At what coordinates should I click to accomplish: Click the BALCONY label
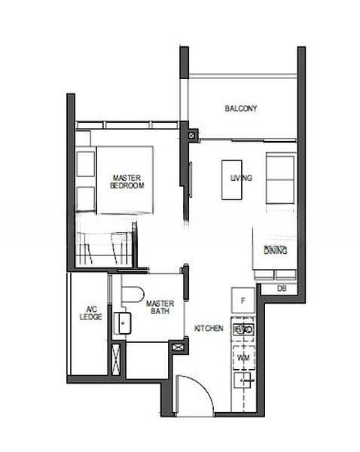(x=241, y=108)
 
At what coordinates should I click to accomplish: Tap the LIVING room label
(x=241, y=179)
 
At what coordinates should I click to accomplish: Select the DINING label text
(x=276, y=249)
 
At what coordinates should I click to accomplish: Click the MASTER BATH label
(x=160, y=307)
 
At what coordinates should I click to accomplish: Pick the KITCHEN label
(x=208, y=328)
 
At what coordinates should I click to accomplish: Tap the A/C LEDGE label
(x=90, y=313)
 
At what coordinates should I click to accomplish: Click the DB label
(x=282, y=289)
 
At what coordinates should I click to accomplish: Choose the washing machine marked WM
(x=243, y=356)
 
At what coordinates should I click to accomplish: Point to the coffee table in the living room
(x=231, y=179)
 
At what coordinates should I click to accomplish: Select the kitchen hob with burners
(x=243, y=329)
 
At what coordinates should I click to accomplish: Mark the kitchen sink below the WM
(x=243, y=380)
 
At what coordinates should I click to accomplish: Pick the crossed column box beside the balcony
(x=193, y=136)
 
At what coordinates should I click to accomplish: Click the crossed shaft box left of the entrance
(x=179, y=347)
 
